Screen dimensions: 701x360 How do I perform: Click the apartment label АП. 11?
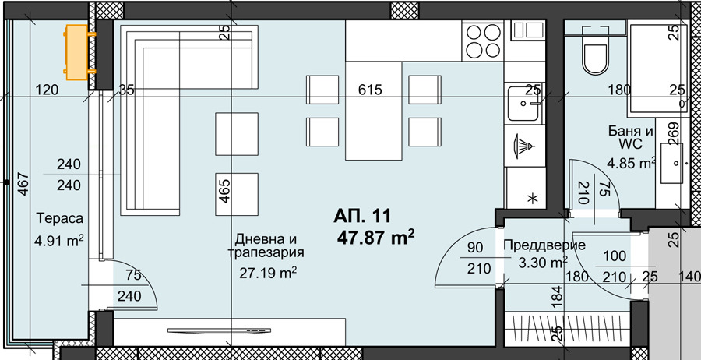362,217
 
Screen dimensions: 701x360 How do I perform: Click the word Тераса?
60,219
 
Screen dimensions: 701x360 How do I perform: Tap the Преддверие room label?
544,245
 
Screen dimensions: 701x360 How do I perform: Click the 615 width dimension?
370,90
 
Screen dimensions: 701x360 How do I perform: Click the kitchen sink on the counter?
524,103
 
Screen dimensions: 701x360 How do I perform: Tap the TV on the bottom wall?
219,330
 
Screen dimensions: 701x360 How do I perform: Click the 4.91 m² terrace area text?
59,241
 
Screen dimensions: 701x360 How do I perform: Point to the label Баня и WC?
631,138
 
